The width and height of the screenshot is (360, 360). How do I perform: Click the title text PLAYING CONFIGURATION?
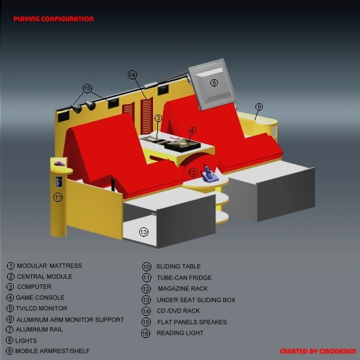pyautogui.click(x=53, y=19)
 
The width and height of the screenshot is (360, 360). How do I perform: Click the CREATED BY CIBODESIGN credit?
pyautogui.click(x=317, y=352)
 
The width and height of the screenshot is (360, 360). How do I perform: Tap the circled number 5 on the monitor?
pyautogui.click(x=214, y=82)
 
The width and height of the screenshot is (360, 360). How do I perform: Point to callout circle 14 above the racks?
pyautogui.click(x=133, y=75)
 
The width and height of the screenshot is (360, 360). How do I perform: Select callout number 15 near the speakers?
pyautogui.click(x=88, y=89)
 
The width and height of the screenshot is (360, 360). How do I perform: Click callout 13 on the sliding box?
pyautogui.click(x=144, y=232)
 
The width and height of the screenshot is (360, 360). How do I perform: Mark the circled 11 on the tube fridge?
pyautogui.click(x=58, y=197)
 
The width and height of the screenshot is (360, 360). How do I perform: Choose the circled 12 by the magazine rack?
pyautogui.click(x=192, y=173)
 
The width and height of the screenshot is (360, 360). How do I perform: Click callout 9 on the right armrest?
pyautogui.click(x=259, y=107)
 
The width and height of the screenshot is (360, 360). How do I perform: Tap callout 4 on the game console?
pyautogui.click(x=192, y=130)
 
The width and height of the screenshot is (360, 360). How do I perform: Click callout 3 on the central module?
pyautogui.click(x=158, y=119)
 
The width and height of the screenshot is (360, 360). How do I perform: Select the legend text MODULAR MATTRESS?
pyautogui.click(x=49, y=266)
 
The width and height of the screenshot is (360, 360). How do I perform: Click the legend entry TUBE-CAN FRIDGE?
pyautogui.click(x=185, y=278)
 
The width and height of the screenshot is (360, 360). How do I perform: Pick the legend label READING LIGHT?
pyautogui.click(x=180, y=333)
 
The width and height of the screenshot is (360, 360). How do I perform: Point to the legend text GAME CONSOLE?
pyautogui.click(x=41, y=298)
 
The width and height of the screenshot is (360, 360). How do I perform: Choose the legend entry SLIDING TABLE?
pyautogui.click(x=178, y=266)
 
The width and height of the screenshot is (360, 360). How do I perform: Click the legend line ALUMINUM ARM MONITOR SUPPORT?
pyautogui.click(x=70, y=320)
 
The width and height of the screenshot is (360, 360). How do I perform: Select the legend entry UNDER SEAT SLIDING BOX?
pyautogui.click(x=196, y=300)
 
